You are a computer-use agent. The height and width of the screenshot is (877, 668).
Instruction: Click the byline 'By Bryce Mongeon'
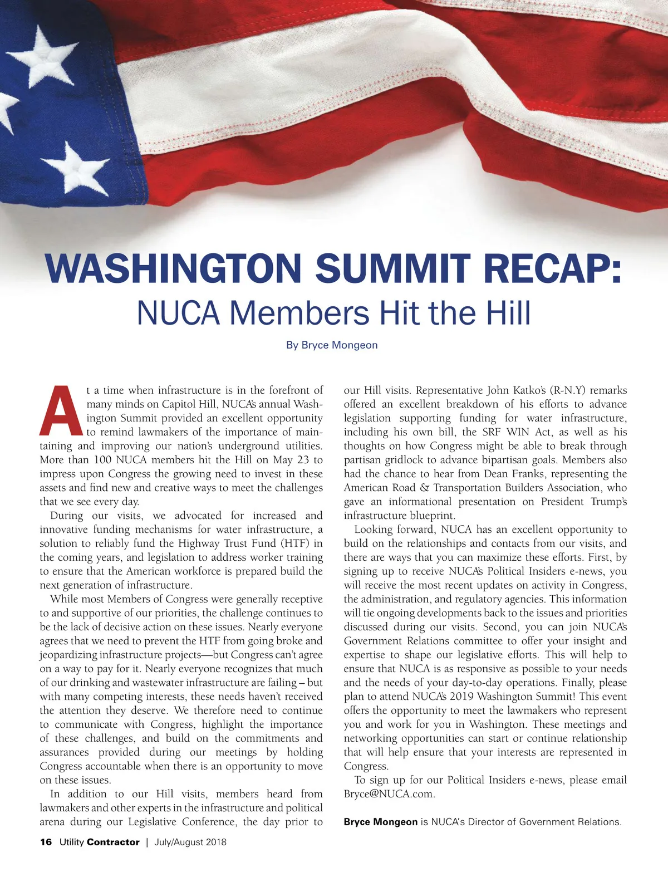coord(332,345)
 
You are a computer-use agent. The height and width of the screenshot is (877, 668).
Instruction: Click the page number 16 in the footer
coord(46,842)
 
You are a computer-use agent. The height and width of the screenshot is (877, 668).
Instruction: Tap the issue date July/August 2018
coord(190,842)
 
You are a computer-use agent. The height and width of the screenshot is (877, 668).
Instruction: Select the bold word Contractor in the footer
coord(113,842)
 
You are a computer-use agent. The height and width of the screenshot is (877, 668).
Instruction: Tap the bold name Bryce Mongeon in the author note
coord(381,822)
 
